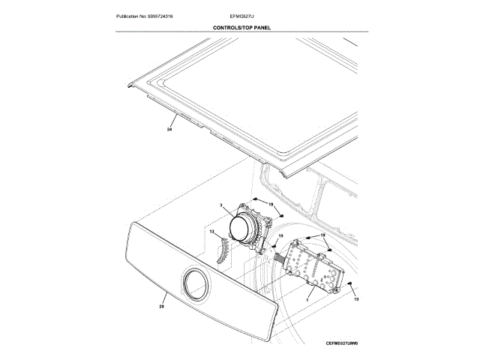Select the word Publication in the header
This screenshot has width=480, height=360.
tap(130, 15)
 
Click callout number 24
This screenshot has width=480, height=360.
tap(169, 130)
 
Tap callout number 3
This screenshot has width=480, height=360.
tap(221, 205)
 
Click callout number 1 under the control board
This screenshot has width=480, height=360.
tap(306, 298)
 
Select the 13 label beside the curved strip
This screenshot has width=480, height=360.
tap(211, 232)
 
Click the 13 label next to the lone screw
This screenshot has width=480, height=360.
tap(356, 300)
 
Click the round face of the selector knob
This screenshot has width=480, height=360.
tap(244, 227)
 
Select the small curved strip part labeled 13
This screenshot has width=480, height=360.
tap(222, 249)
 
